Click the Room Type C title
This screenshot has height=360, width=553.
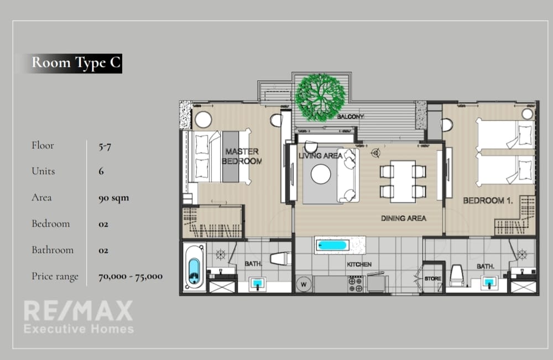[76, 62]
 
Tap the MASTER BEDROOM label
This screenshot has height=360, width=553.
[242, 156]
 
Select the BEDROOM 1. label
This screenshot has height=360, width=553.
[488, 201]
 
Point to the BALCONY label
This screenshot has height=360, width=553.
[350, 116]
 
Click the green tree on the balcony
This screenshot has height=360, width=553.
[320, 97]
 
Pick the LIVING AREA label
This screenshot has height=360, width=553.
[320, 155]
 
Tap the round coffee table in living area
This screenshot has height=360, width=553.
[321, 174]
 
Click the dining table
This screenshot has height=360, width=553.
[403, 181]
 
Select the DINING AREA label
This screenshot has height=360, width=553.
[404, 218]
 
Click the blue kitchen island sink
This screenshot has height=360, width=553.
[331, 245]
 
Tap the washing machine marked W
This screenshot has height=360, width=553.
[304, 285]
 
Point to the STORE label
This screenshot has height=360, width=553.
[433, 279]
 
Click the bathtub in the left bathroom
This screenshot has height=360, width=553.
[194, 267]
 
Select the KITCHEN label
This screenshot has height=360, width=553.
[359, 264]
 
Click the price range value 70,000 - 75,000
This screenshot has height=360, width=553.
[131, 276]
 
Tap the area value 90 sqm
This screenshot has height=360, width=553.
[113, 198]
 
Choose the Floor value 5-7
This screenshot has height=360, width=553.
[105, 147]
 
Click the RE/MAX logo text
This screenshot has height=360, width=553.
[79, 311]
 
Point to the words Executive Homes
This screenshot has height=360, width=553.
[79, 329]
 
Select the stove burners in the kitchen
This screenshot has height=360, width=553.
[356, 285]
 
